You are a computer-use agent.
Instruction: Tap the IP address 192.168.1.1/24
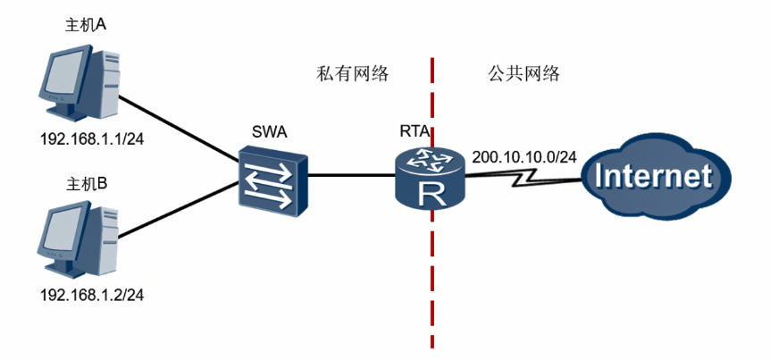[88, 139]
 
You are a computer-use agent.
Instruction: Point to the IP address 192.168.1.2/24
[88, 294]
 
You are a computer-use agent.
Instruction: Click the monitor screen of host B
[65, 235]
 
